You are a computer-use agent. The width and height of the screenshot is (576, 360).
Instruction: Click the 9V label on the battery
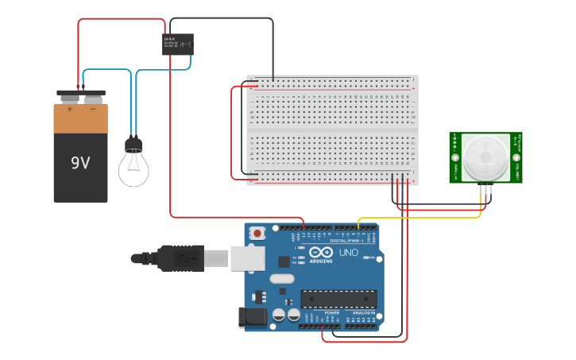[x=80, y=163]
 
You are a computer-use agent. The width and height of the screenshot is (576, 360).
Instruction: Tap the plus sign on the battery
[x=70, y=109]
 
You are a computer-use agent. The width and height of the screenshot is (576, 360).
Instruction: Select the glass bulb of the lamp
[x=133, y=168]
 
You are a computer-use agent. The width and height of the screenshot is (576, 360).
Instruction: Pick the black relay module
[x=178, y=44]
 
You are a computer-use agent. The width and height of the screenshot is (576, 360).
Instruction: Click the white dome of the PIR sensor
[x=485, y=157]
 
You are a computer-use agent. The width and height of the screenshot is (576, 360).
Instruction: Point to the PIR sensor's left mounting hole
[x=456, y=157]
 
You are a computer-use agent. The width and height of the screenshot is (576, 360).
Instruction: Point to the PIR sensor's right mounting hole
[x=516, y=157]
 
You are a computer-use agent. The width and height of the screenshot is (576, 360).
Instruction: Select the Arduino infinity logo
[x=321, y=252]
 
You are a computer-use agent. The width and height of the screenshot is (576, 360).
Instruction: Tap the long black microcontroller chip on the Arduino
[x=338, y=298]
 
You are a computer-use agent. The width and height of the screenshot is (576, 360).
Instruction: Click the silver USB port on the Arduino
[x=247, y=257]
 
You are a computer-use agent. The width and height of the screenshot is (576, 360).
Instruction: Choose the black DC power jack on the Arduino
[x=253, y=318]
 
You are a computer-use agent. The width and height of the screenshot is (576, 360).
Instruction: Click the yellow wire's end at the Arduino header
[x=359, y=228]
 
